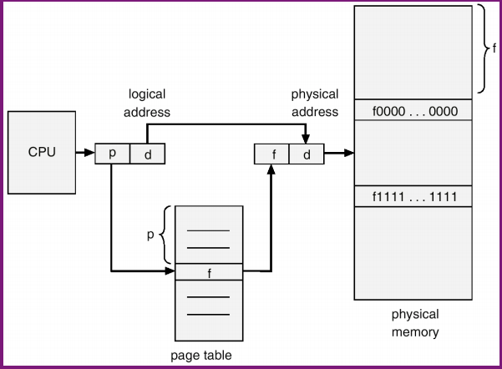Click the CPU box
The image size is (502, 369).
(x=42, y=152)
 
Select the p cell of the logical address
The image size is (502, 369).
(x=113, y=154)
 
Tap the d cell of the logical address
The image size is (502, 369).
(x=148, y=154)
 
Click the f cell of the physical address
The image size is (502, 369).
(x=271, y=154)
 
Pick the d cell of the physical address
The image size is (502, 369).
(x=307, y=154)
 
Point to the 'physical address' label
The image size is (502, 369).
(x=314, y=103)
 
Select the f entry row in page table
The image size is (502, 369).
(x=208, y=271)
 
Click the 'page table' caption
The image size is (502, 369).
(x=201, y=356)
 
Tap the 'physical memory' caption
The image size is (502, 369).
(x=414, y=324)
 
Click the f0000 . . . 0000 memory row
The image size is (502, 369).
(x=414, y=111)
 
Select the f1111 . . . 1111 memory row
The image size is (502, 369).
(x=414, y=196)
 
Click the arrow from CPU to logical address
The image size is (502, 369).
(x=84, y=154)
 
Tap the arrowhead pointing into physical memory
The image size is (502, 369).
(x=349, y=154)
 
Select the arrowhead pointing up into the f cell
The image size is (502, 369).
(x=271, y=168)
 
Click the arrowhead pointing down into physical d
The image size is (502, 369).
(x=307, y=139)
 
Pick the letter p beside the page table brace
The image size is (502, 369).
(x=151, y=235)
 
